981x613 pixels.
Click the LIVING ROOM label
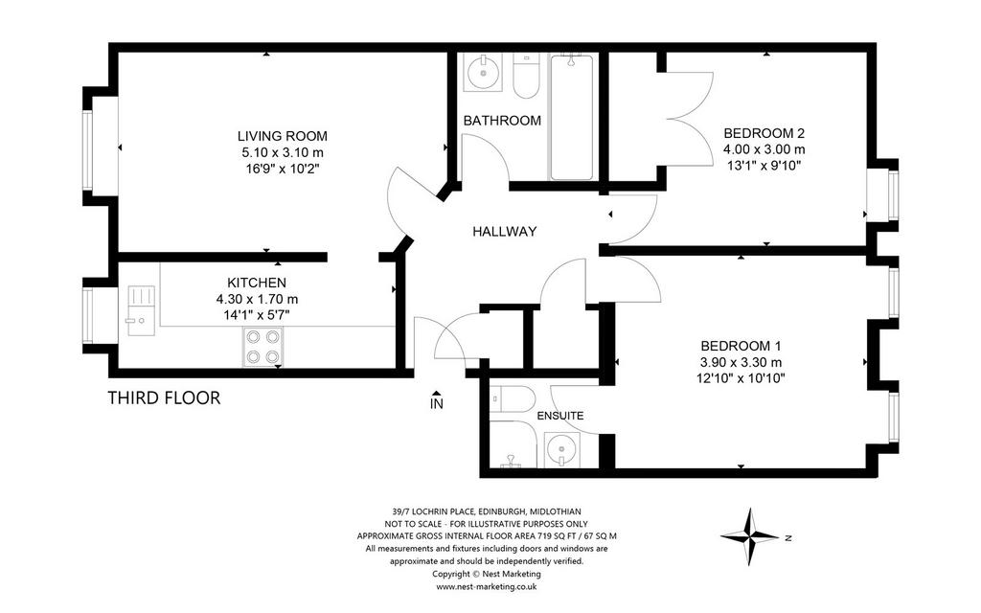coord(283,136)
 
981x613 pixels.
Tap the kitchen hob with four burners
coord(262,347)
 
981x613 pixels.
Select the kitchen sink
coord(142,310)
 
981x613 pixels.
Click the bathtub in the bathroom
coord(571,117)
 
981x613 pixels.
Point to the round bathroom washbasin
coord(483,73)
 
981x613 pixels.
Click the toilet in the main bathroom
coord(526,76)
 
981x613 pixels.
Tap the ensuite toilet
coord(512,398)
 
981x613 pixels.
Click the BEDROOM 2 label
coord(764,132)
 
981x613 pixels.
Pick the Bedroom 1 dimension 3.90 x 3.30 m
coord(741,362)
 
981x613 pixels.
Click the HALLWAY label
coord(504,232)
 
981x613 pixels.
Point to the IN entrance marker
coord(437,400)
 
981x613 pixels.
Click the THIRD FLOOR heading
coord(164,397)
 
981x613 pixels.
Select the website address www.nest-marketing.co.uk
coord(486,587)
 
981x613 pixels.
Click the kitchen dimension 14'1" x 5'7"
coord(257,314)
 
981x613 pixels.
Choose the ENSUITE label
coord(559,416)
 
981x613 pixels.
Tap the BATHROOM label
coord(502,121)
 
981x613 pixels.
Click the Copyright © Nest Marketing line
coord(486,574)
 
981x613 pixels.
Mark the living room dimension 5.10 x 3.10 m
coord(283,152)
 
